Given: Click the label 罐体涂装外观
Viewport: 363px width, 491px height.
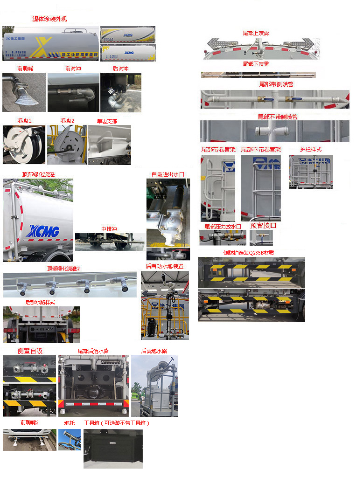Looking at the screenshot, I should [49, 19].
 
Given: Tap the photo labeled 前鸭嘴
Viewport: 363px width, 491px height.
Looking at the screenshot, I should [24, 92].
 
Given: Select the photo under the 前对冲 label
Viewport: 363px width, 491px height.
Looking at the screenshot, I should [73, 92].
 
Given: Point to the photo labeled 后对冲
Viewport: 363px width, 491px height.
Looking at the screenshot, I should [120, 92].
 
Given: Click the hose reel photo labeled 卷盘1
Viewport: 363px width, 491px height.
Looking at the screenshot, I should [24, 144].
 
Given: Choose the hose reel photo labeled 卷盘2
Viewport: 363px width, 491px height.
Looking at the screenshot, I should [67, 144].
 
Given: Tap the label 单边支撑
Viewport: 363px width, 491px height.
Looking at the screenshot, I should [107, 121].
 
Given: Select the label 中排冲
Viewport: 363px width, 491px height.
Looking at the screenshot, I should [109, 229].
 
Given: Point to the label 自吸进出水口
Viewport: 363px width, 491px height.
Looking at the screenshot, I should [168, 174].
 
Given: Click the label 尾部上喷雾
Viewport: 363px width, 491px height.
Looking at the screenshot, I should [256, 33].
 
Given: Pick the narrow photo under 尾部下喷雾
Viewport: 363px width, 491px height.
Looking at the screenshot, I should [258, 75].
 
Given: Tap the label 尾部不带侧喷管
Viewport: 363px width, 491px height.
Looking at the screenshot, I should [277, 117].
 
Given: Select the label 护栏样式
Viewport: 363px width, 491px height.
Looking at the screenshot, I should [311, 150].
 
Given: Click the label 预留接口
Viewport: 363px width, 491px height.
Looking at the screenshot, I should [263, 226].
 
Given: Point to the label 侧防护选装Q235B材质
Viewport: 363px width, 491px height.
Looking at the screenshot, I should [249, 253].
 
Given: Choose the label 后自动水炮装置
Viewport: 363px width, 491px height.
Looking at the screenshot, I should [165, 266].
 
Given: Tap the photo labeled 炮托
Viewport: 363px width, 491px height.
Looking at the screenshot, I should [69, 439].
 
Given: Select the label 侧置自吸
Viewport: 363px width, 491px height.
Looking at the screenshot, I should [30, 351].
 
